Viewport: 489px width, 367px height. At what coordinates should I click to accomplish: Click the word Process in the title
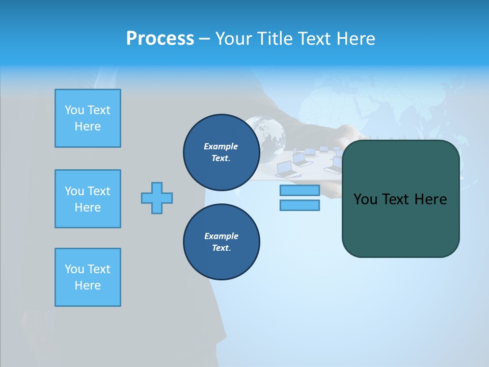point(160,39)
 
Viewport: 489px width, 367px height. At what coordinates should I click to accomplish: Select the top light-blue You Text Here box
point(88,118)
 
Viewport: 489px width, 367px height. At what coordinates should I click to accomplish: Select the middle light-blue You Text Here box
point(88,199)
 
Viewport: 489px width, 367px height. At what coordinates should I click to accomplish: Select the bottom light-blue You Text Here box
point(88,277)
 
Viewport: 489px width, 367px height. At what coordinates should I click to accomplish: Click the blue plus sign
point(157,198)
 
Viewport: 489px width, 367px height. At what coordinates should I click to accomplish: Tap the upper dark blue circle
point(222,152)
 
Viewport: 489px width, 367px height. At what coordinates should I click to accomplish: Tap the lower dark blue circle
point(222,242)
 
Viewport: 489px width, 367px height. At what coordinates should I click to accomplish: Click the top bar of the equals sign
point(300,191)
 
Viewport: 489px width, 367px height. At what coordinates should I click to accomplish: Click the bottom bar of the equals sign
point(300,205)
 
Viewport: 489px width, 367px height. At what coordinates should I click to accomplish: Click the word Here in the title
point(356,39)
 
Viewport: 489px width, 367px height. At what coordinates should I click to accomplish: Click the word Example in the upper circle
point(221,146)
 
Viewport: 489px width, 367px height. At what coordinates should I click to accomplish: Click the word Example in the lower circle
point(221,236)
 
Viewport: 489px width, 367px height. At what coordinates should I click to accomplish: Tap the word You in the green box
point(365,199)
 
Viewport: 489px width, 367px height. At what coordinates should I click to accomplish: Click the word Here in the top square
point(88,126)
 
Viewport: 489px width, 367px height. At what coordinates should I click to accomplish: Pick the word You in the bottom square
point(74,269)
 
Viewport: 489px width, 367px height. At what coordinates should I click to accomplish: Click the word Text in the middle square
point(99,191)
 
